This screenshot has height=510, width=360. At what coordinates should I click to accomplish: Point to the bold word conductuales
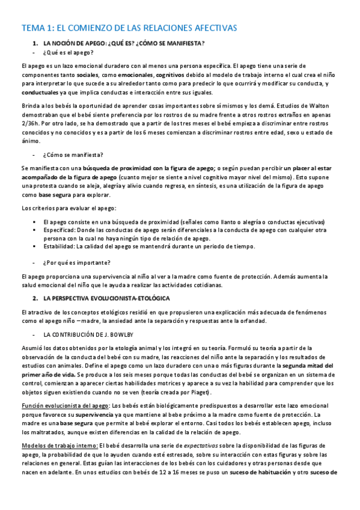41,94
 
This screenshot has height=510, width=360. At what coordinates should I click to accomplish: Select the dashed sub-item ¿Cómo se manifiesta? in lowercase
73,155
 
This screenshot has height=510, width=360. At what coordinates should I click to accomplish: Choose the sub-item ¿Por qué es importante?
76,263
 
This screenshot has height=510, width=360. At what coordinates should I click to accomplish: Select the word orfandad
251,322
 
